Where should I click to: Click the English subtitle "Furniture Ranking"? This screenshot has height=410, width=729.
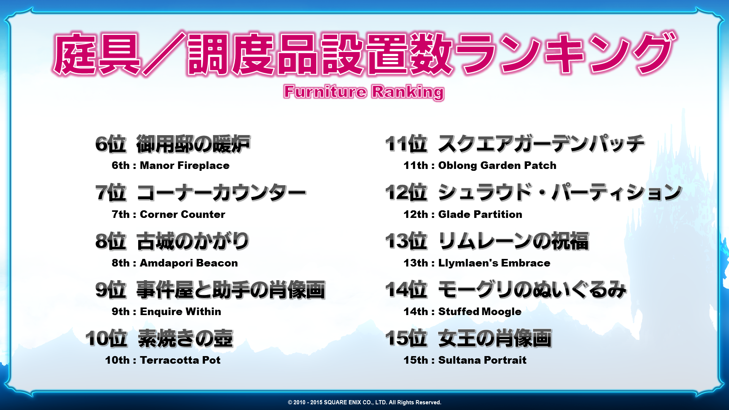(364, 92)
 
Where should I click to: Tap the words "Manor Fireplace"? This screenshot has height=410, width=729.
(185, 166)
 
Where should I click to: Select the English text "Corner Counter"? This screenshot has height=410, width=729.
(183, 214)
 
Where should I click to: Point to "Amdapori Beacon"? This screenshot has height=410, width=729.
(189, 263)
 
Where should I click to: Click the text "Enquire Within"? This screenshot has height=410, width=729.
(180, 312)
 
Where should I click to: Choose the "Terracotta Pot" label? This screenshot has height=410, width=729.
(180, 360)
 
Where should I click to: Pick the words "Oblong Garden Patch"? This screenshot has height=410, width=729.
(497, 166)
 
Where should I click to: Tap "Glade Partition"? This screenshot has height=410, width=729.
(480, 214)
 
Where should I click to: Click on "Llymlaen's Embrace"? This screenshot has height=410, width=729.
(494, 263)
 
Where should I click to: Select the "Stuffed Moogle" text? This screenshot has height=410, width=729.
(480, 312)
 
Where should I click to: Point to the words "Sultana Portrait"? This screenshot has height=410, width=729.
(482, 360)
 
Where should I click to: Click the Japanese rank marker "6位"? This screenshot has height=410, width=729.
(110, 144)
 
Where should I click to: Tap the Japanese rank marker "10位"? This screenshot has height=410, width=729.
(106, 338)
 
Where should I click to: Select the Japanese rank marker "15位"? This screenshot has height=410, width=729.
(406, 338)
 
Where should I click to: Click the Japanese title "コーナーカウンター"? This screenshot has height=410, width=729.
(221, 192)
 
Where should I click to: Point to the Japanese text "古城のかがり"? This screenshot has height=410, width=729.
(193, 241)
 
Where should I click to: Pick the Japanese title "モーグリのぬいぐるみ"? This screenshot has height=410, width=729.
(532, 290)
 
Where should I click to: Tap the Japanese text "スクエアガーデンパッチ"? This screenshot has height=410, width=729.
(541, 144)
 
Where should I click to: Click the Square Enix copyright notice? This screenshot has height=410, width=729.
(364, 402)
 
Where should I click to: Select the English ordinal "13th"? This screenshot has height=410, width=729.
(416, 263)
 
